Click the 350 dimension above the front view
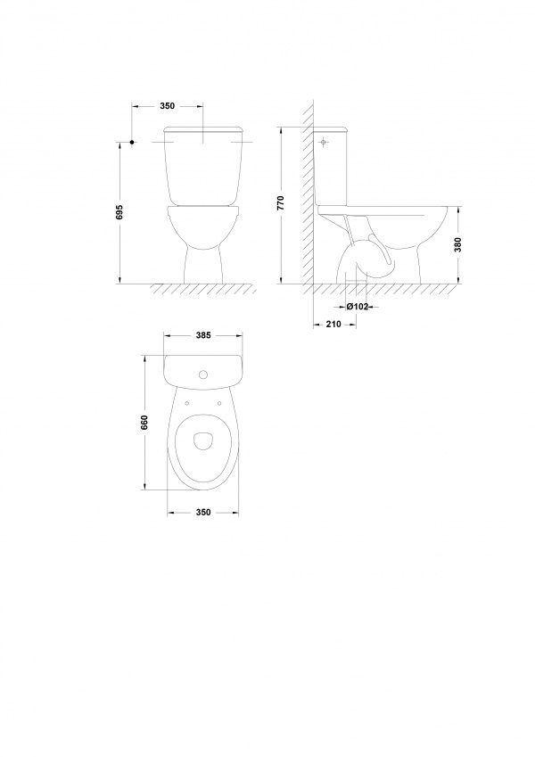[167, 106]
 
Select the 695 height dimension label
[120, 212]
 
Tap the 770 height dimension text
[282, 203]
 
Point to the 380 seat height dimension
[458, 244]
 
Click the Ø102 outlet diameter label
[358, 307]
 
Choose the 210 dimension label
[333, 324]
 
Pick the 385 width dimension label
[204, 335]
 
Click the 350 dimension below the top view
[204, 512]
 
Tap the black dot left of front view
[132, 142]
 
